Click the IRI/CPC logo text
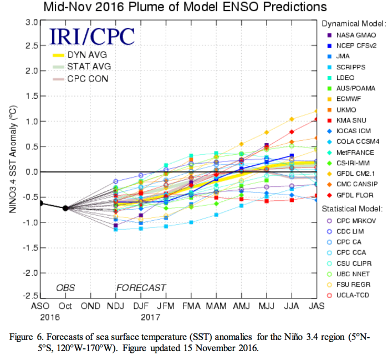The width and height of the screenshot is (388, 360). (93, 36)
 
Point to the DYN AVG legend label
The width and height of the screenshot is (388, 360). (88, 55)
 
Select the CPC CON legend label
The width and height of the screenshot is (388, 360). (88, 79)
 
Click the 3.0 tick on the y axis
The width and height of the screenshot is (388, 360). (31, 22)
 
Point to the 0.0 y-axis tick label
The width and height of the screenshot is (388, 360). (31, 172)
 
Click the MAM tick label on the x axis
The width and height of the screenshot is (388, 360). (215, 306)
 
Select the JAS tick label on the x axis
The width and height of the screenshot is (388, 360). (315, 306)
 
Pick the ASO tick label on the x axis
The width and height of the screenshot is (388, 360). (40, 306)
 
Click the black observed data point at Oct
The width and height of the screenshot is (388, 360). (65, 208)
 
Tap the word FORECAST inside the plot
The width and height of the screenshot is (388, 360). (141, 287)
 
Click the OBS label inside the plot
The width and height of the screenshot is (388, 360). (65, 287)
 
